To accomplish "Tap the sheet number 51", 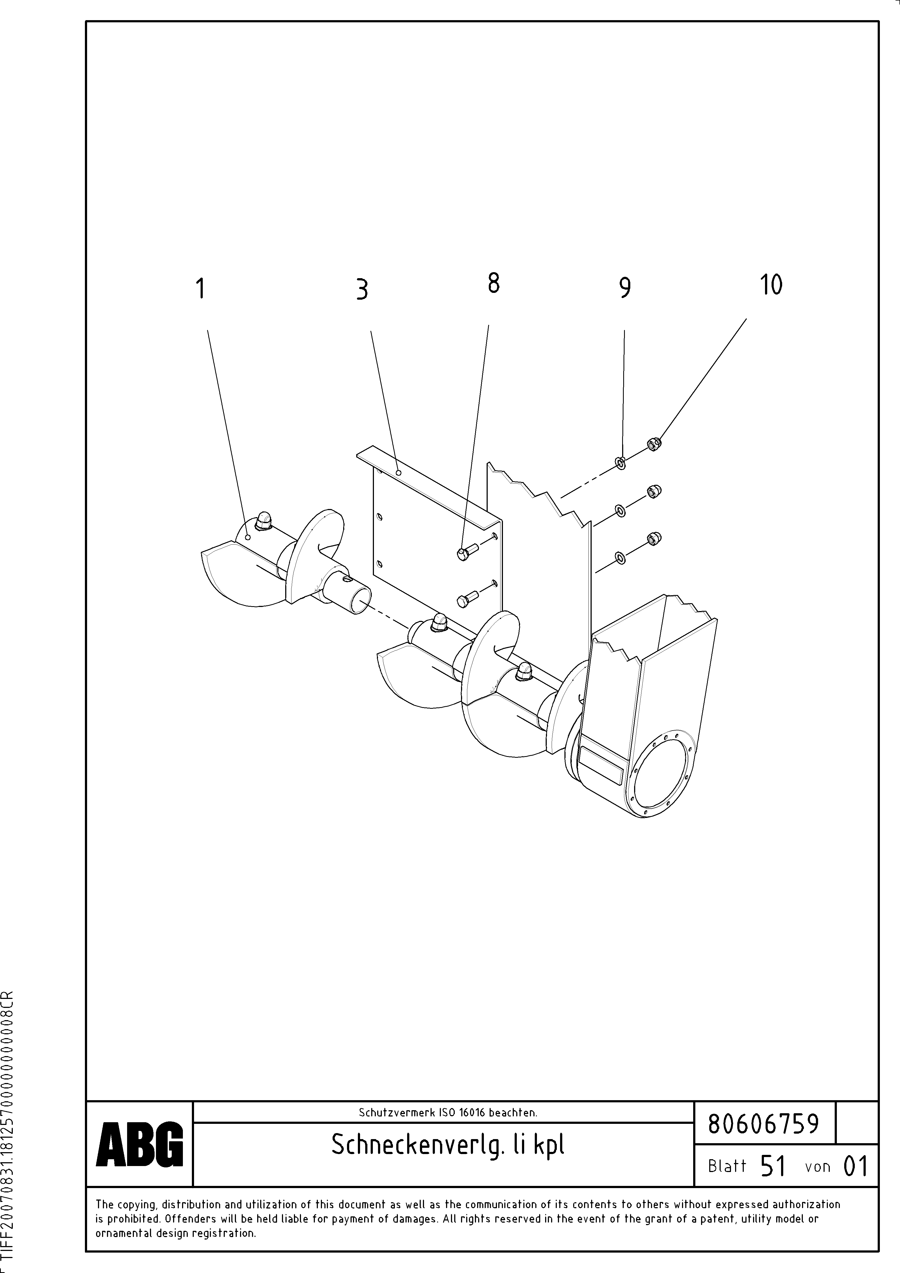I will [773, 1167].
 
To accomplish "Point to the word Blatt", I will [726, 1167].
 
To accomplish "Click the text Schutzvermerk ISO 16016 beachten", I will [447, 1112].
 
